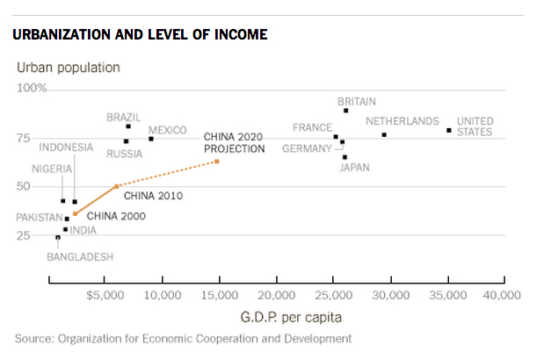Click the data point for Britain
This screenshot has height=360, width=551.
tap(346, 111)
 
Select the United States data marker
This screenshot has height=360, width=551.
tap(449, 130)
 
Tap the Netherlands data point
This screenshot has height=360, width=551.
tap(384, 134)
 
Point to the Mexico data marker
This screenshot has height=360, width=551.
tap(150, 139)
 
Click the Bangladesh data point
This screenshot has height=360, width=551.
tap(58, 237)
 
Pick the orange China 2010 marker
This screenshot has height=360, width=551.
tap(117, 186)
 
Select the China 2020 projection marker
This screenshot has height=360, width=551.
tap(217, 162)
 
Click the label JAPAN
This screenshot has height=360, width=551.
tap(354, 167)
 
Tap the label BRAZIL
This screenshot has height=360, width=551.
tap(124, 117)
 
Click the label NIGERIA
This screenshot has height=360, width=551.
tap(52, 169)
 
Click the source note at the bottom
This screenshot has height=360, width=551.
tap(183, 338)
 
